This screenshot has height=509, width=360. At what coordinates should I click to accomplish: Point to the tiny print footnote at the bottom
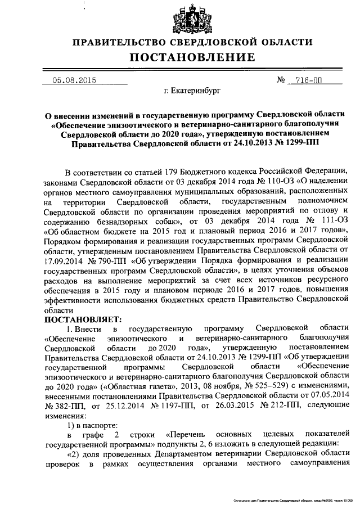coord(292,499)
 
